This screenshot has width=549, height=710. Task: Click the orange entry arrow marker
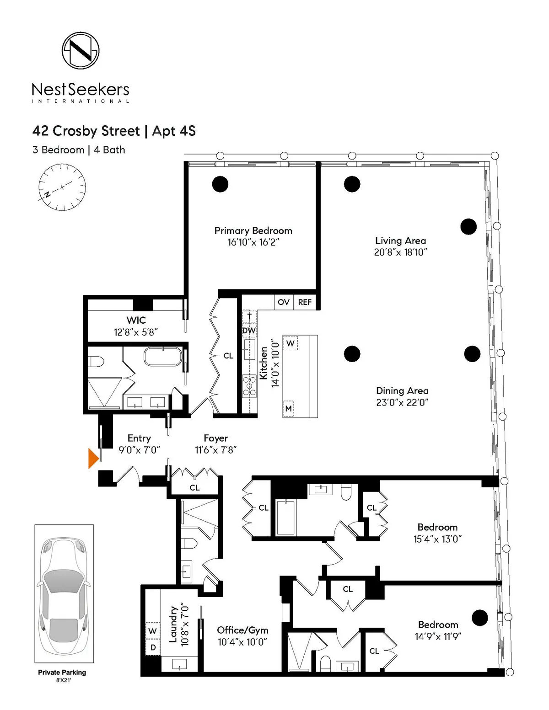pyautogui.click(x=93, y=458)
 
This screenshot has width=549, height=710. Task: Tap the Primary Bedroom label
pyautogui.click(x=253, y=230)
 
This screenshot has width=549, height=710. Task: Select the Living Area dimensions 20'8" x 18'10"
pyautogui.click(x=400, y=252)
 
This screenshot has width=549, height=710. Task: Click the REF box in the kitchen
pyautogui.click(x=305, y=302)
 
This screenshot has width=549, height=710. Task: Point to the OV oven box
pyautogui.click(x=284, y=302)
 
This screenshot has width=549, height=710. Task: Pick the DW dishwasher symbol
pyautogui.click(x=249, y=331)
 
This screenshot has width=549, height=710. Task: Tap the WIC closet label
pyautogui.click(x=136, y=320)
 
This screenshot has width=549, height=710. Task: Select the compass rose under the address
pyautogui.click(x=62, y=188)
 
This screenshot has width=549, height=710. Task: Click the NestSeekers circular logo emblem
pyautogui.click(x=81, y=50)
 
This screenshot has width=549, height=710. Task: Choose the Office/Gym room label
pyautogui.click(x=242, y=630)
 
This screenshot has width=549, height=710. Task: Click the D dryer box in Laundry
pyautogui.click(x=153, y=647)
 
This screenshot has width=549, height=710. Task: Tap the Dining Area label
pyautogui.click(x=402, y=391)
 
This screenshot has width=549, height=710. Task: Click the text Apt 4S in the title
pyautogui.click(x=174, y=131)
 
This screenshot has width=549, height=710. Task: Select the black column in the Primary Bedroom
pyautogui.click(x=220, y=184)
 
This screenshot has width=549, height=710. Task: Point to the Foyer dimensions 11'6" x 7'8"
pyautogui.click(x=215, y=450)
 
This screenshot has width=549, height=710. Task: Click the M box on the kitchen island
pyautogui.click(x=288, y=408)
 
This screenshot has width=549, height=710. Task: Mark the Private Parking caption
pyautogui.click(x=62, y=672)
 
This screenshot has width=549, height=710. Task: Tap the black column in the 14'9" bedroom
pyautogui.click(x=479, y=618)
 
